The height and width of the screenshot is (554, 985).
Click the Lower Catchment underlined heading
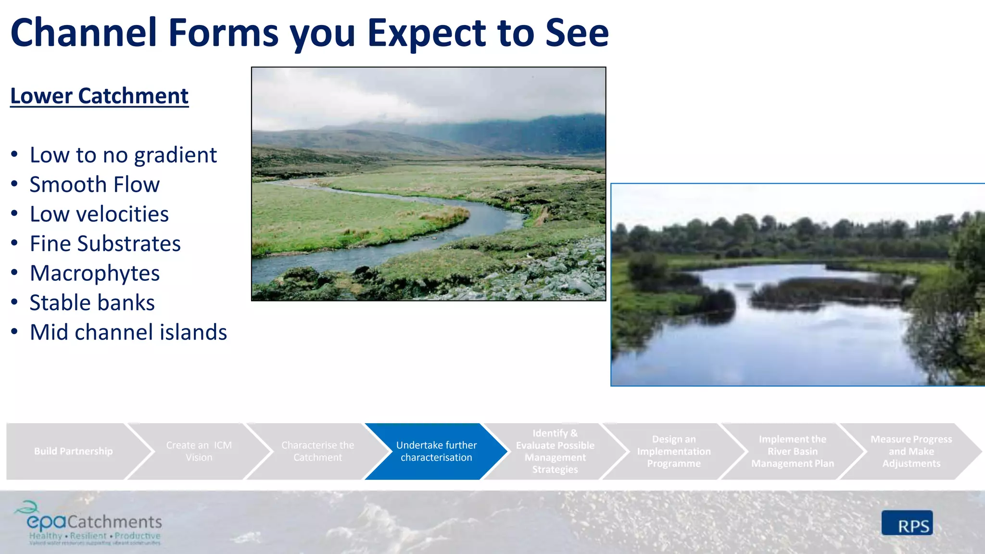[99, 96]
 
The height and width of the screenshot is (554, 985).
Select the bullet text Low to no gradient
[123, 155]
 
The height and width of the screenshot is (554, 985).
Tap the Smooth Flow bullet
[94, 185]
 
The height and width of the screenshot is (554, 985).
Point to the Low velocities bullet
[99, 214]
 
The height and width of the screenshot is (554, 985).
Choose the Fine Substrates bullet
[105, 244]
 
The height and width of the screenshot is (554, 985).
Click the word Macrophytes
[94, 273]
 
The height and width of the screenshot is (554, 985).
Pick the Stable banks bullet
[92, 303]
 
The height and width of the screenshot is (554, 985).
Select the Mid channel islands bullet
[128, 332]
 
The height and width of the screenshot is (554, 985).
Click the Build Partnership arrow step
[73, 451]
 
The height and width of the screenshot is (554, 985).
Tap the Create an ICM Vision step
[199, 451]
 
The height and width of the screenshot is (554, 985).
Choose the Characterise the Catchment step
[317, 451]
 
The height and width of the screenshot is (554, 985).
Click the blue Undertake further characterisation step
[436, 451]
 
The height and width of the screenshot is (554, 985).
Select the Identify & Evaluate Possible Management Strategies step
[555, 451]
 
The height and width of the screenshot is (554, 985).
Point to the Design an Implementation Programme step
[673, 451]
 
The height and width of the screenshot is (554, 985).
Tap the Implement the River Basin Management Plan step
[792, 451]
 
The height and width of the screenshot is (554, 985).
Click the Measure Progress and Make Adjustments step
[910, 451]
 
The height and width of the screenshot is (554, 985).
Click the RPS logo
[907, 523]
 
